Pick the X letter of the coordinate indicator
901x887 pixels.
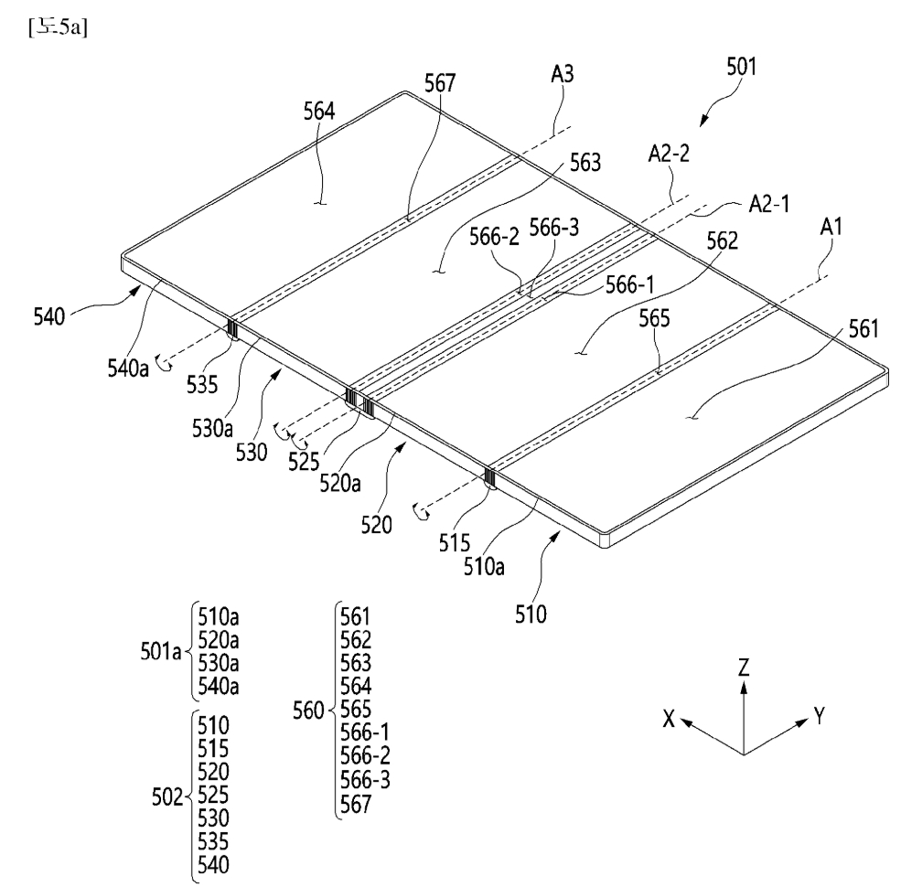671,720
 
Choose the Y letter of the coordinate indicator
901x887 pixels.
819,718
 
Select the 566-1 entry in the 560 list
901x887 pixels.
363,731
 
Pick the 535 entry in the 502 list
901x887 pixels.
213,840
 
